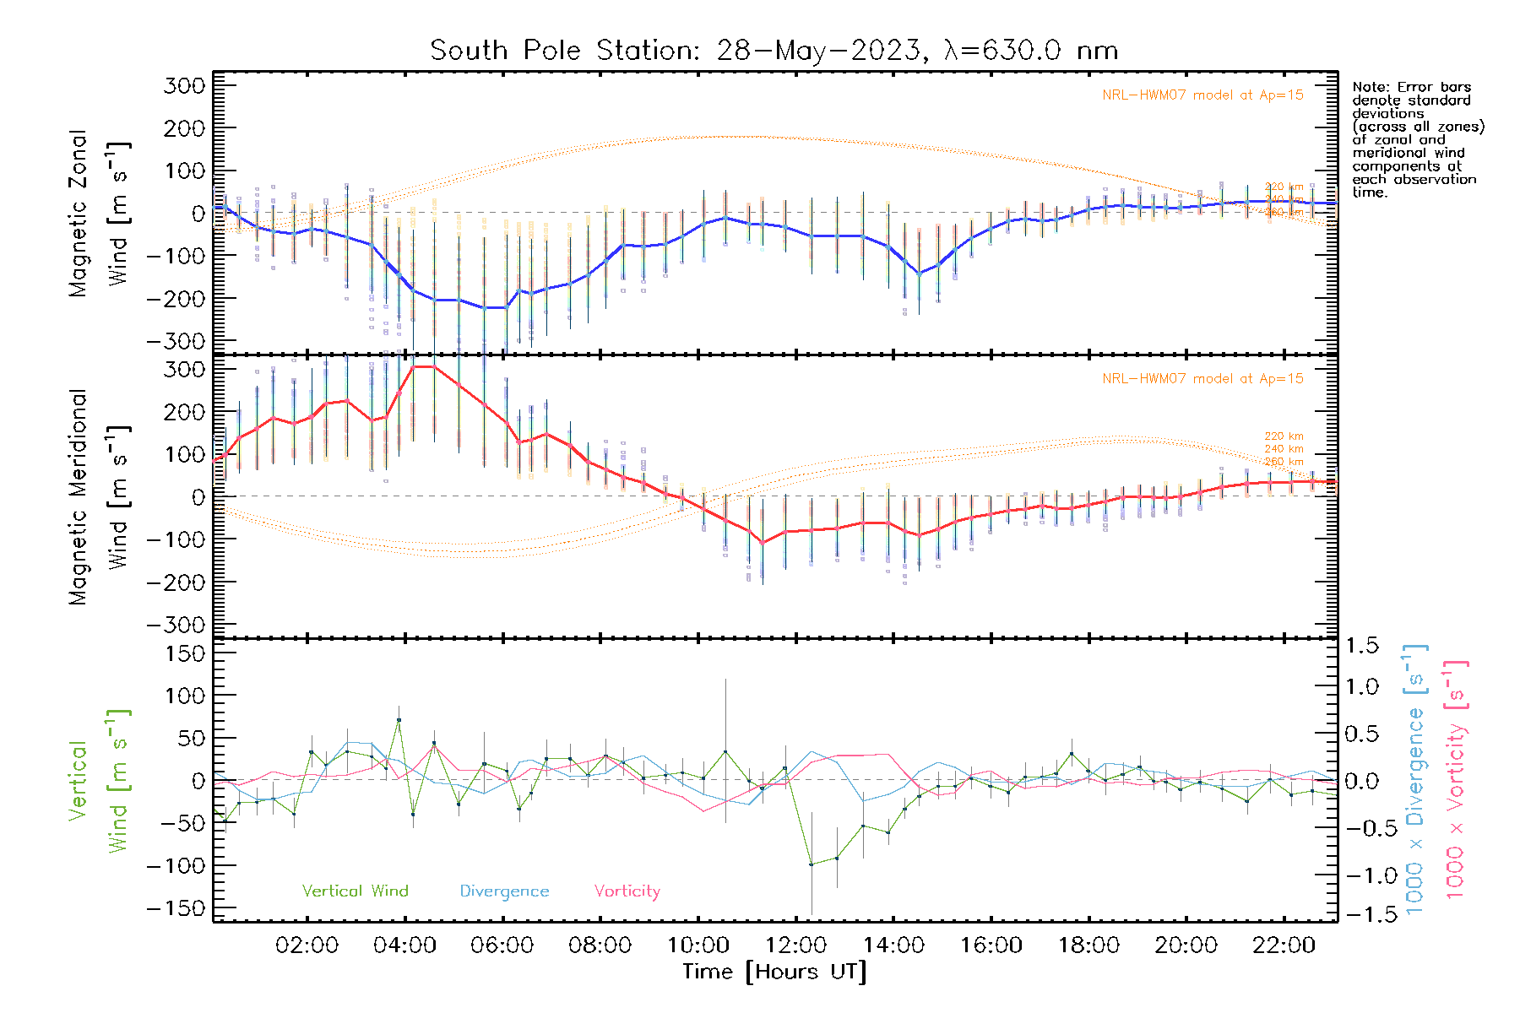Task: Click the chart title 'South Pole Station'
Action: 774,51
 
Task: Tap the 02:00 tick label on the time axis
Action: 307,945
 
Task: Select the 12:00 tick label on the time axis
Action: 795,945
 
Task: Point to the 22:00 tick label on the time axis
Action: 1284,945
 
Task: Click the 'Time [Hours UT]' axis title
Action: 774,972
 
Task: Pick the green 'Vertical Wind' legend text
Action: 355,891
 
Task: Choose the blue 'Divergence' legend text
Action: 504,891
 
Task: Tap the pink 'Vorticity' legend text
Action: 627,891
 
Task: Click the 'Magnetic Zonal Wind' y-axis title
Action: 100,213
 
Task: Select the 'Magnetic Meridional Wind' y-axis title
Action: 100,496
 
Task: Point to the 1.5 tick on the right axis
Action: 1361,646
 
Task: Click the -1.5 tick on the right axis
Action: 1361,914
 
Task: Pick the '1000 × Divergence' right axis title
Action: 1415,778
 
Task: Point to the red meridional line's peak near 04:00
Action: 422,366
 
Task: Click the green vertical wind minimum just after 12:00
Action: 811,864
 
